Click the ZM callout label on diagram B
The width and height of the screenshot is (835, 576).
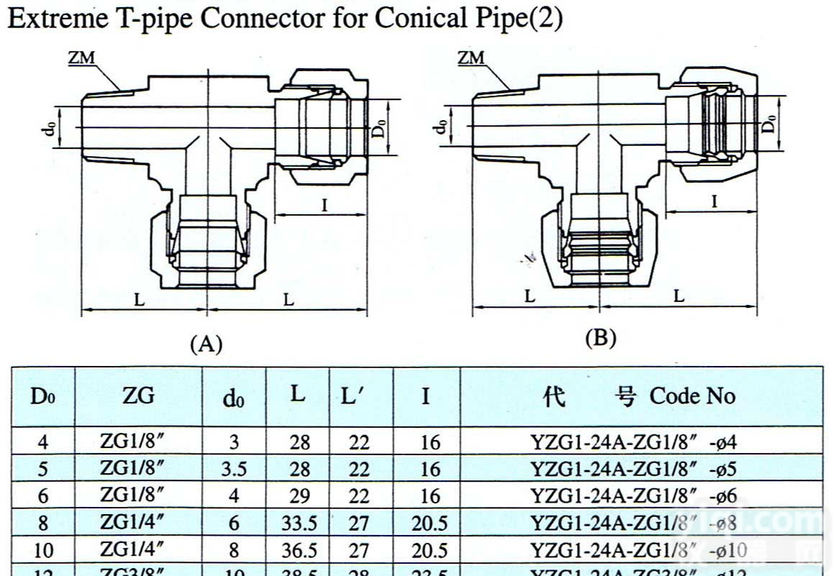(x=471, y=58)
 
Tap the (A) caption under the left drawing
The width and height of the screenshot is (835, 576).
(x=206, y=344)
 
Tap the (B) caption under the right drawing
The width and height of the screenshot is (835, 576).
(x=601, y=338)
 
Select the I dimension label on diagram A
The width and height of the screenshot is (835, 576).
(x=324, y=206)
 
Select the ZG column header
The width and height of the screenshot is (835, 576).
(x=139, y=396)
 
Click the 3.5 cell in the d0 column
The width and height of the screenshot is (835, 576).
(x=234, y=470)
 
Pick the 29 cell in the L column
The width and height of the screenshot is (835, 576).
(x=299, y=497)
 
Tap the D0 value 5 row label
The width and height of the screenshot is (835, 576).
(x=43, y=470)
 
